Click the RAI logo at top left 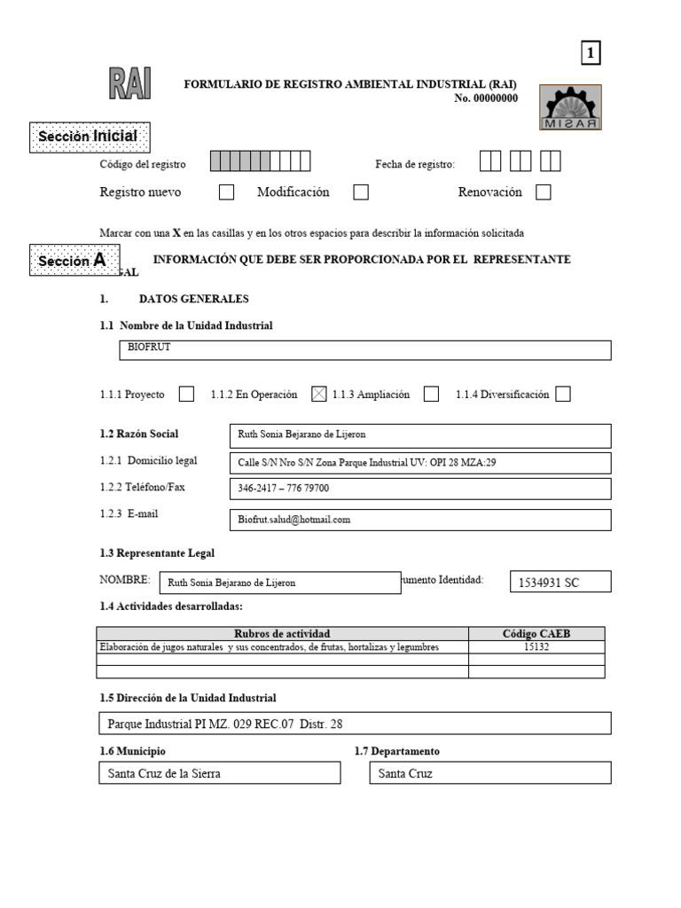(129, 85)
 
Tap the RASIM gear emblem (570, 107)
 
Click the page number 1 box (591, 54)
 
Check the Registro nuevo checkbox (227, 192)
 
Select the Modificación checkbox (361, 192)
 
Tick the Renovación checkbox (544, 192)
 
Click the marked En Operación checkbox (319, 395)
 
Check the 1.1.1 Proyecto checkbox (186, 395)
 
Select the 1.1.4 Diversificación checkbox (562, 395)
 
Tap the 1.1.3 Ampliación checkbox (431, 395)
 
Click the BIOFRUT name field (364, 350)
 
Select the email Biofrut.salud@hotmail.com (294, 520)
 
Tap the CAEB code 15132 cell (536, 647)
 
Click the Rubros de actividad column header (282, 633)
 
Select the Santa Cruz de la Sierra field (219, 773)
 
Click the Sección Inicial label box (89, 137)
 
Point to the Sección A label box (74, 260)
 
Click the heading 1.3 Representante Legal (157, 553)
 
